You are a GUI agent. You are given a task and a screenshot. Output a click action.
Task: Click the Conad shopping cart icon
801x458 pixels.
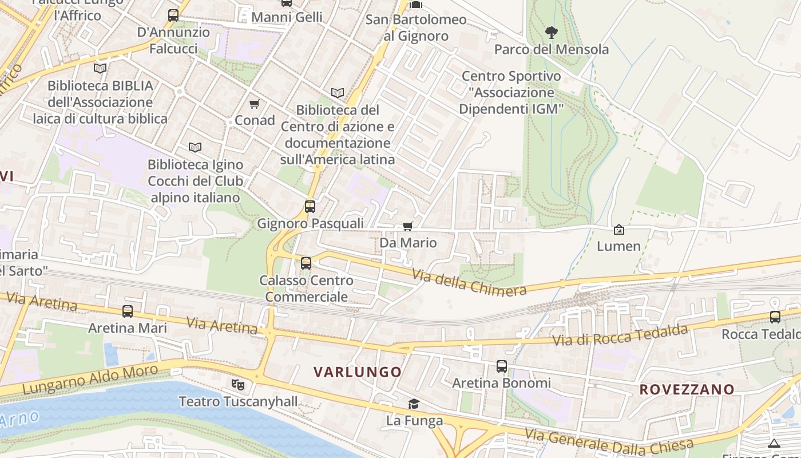coord(255,104)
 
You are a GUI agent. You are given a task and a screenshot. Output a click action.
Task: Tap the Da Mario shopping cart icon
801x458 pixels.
coord(407,226)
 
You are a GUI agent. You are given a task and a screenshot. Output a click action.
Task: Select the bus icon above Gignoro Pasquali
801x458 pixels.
coord(310,206)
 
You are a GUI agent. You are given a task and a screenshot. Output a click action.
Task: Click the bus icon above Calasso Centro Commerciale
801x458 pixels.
coord(306,263)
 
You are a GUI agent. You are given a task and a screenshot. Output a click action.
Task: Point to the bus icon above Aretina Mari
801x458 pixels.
coord(128,311)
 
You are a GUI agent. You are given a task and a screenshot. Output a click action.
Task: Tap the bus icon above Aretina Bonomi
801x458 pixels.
coord(502,366)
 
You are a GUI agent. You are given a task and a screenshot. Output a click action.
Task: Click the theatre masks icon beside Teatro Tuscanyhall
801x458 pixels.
coord(238,385)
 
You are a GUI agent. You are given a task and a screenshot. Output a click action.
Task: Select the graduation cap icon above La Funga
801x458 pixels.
coord(414,404)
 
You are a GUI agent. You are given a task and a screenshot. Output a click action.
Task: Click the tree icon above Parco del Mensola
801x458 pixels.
coord(551,32)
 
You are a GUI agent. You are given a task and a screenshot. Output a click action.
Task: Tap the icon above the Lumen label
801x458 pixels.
coord(618,230)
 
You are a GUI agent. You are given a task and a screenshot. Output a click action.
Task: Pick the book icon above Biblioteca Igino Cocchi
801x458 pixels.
coord(195,148)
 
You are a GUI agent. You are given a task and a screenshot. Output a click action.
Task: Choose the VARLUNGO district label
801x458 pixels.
coord(358,372)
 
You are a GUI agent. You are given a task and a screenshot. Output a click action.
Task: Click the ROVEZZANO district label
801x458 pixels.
coord(687,390)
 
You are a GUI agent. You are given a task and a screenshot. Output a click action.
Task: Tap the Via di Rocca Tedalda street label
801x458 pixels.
coord(620,334)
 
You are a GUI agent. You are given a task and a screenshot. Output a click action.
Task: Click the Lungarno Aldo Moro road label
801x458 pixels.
coord(90,379)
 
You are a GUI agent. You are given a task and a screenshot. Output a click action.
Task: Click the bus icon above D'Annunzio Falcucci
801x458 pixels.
coord(173,15)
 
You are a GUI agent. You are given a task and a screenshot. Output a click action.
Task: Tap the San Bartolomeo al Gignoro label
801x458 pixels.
coord(416,27)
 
